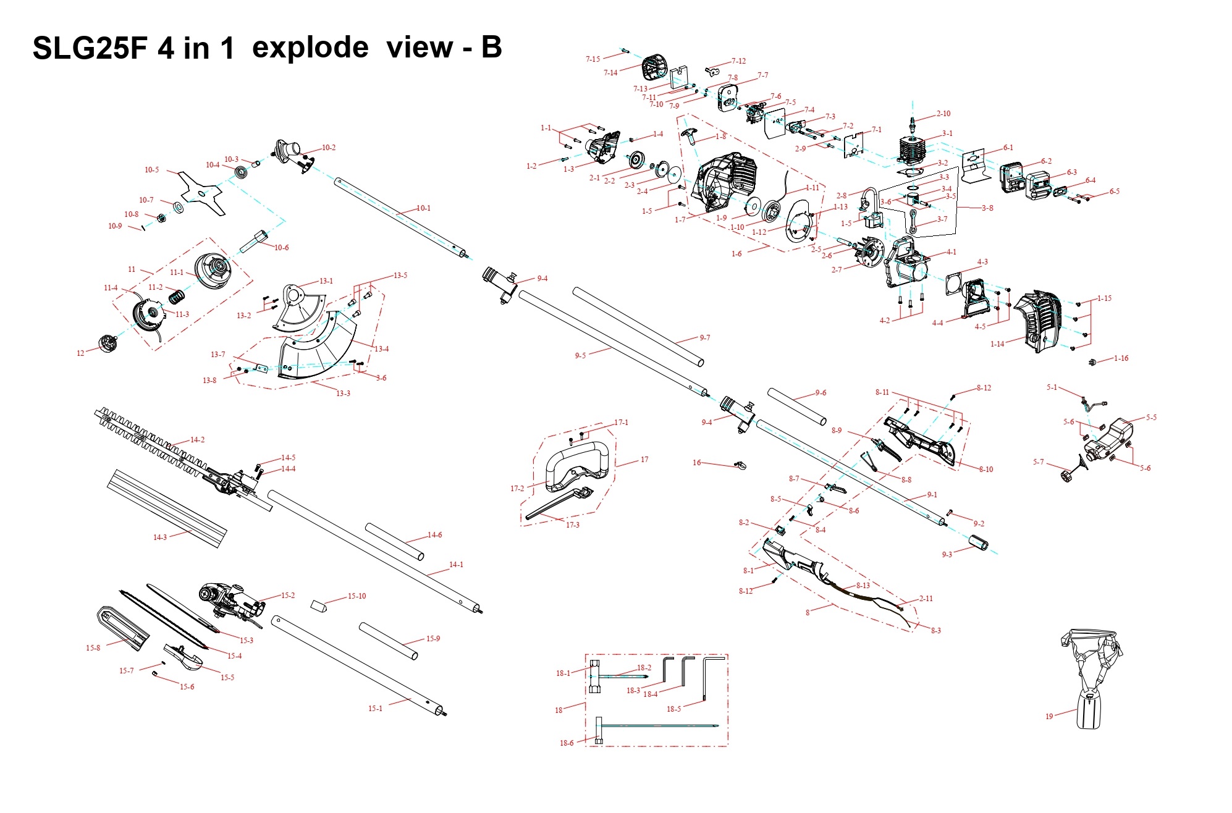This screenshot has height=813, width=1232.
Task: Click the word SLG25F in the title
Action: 90,48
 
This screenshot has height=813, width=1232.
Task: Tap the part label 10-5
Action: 151,170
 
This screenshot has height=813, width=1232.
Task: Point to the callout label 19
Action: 1048,717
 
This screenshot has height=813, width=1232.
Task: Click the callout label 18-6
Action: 567,743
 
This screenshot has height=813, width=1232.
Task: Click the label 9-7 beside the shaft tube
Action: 704,338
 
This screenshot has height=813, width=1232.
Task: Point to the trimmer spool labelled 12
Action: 108,343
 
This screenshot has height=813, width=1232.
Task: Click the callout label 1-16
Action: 1121,358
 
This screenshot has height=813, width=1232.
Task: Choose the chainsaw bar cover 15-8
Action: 123,628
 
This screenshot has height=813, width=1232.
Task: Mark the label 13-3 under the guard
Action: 343,394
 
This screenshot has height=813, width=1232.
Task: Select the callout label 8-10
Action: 985,470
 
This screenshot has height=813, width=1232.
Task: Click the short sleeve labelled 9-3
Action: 977,544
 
